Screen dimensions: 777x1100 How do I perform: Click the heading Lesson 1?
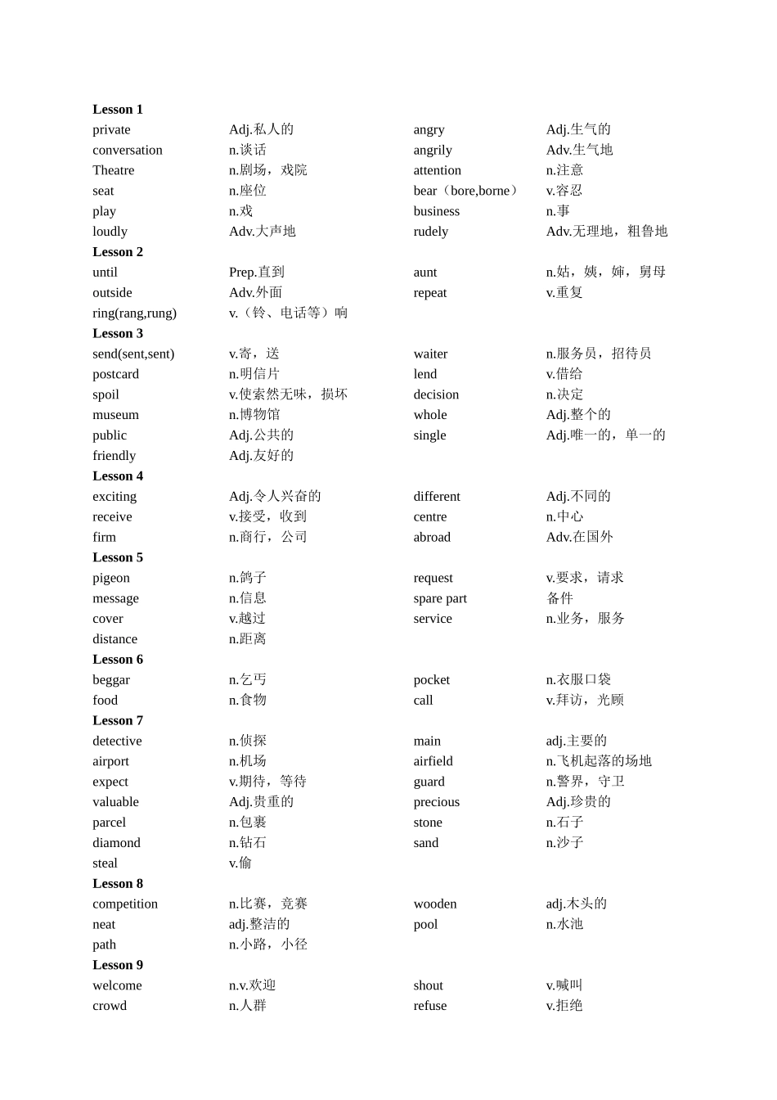coord(118,110)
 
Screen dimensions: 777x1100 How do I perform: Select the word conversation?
coord(128,151)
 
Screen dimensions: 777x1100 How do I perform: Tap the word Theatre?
coord(114,171)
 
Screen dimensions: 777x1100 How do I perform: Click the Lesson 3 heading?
coord(118,334)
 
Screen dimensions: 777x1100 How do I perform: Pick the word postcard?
coord(116,375)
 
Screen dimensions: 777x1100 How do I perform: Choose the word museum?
coord(116,416)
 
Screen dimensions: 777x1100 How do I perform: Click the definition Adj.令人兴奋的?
coord(275,497)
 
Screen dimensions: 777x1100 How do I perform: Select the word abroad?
coord(432,538)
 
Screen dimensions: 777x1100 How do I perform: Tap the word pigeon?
coord(111,579)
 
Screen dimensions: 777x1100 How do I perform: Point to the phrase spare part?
coord(440,599)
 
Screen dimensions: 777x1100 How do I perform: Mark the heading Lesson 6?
coord(118,660)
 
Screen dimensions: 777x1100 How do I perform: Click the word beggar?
coord(111,680)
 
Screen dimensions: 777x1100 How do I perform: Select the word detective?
coord(117,742)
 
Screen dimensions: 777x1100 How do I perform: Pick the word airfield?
coord(433,762)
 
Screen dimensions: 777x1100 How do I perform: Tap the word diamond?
coord(116,843)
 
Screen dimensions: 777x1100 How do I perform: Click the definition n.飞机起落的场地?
coord(599,761)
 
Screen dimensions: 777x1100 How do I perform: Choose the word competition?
coord(125,904)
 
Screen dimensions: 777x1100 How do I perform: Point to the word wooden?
coord(435,904)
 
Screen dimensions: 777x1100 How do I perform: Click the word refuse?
coord(430,1007)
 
